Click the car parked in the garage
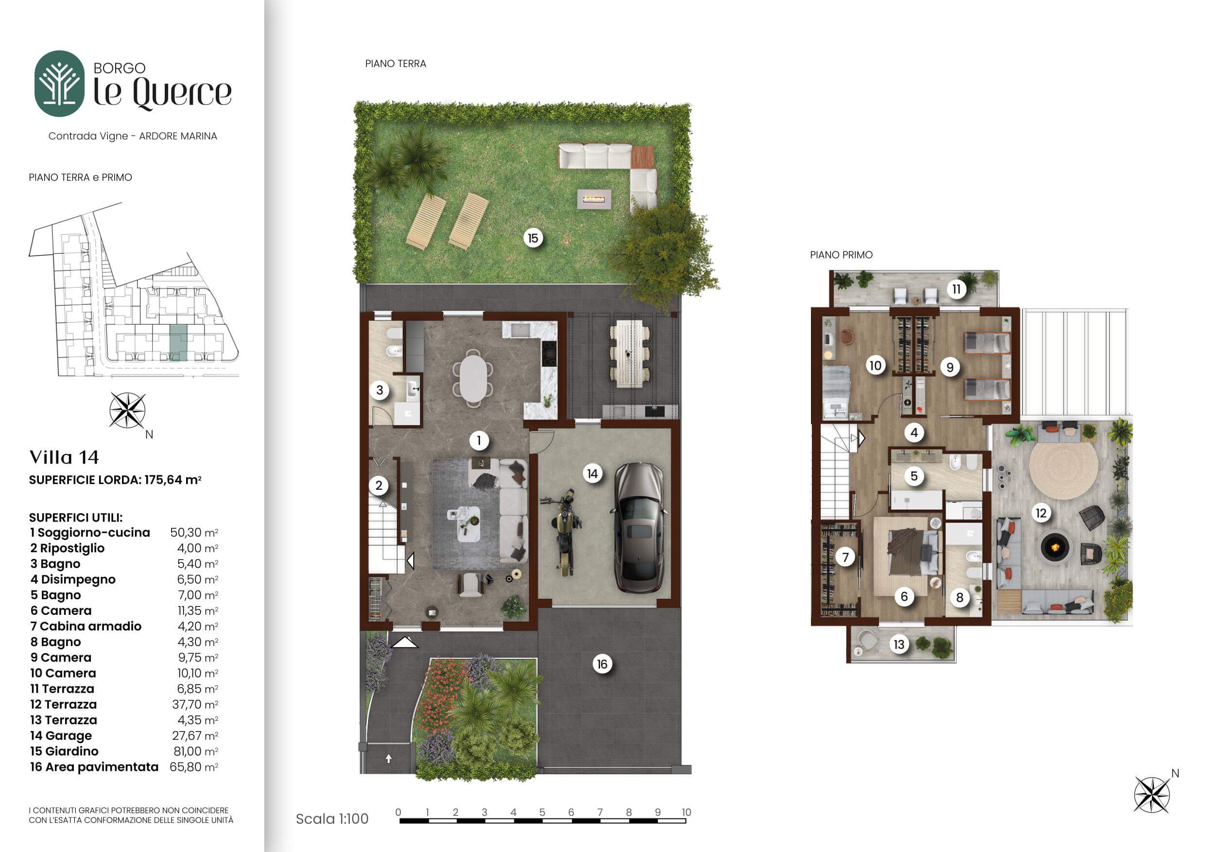coord(639,527)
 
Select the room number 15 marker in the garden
coord(533,238)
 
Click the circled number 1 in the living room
coord(479,440)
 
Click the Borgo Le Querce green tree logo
coord(59,84)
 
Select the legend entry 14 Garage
coord(61,735)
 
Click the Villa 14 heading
coord(64,457)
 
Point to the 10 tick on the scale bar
coord(686,812)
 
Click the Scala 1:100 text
coord(332,818)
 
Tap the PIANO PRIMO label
coord(841,255)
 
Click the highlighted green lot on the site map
coord(178,342)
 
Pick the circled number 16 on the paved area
coord(602,664)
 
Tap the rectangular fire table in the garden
coord(594,199)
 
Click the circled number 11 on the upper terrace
coord(956,289)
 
